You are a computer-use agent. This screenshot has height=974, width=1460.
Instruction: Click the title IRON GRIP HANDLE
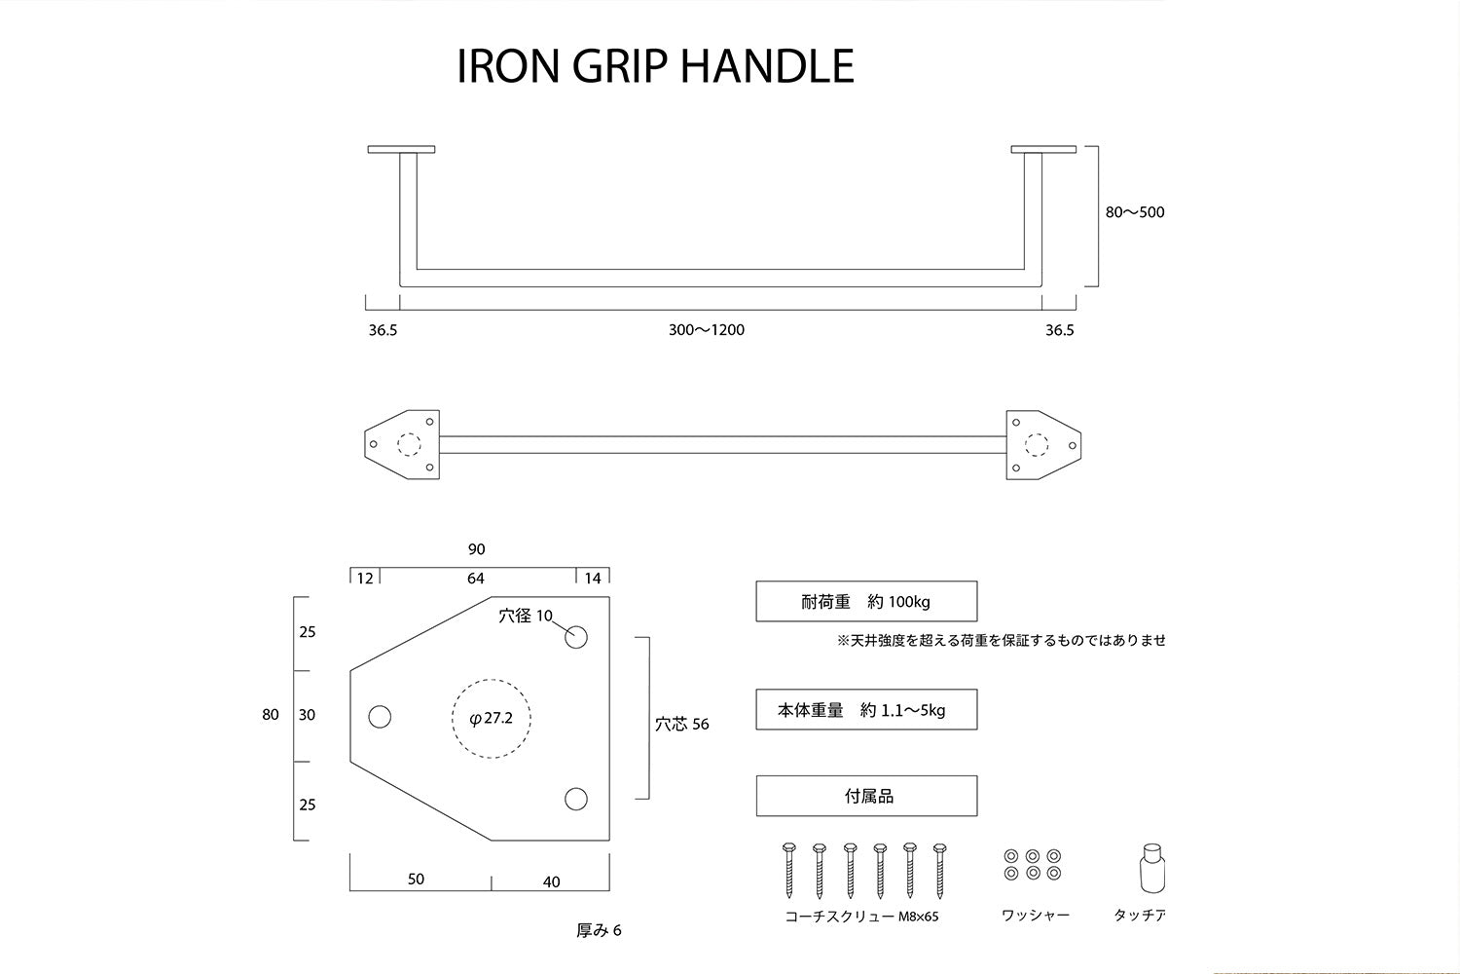[x=655, y=66]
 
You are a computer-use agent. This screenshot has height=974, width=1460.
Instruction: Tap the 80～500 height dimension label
[x=1134, y=212]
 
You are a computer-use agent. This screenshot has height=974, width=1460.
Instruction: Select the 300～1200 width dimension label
[x=706, y=330]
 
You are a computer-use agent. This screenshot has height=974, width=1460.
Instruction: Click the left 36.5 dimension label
[x=383, y=330]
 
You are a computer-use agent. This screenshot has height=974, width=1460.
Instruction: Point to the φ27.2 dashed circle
[x=492, y=718]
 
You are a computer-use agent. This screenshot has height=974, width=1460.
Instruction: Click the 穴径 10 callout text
[x=526, y=616]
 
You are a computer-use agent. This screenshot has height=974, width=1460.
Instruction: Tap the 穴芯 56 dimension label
[x=681, y=724]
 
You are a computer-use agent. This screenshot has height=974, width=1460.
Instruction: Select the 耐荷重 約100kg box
[x=866, y=602]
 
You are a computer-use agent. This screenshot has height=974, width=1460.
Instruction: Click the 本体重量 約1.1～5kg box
[x=866, y=710]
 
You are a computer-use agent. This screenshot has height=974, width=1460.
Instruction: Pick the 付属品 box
[x=866, y=796]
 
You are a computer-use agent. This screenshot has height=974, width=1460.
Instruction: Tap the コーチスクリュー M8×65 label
[x=861, y=916]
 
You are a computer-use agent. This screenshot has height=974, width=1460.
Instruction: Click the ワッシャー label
[x=1035, y=916]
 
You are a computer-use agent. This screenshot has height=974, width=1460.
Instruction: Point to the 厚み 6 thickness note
[x=599, y=930]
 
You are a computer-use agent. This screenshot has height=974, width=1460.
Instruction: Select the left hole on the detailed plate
[x=380, y=717]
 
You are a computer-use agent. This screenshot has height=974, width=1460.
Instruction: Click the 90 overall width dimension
[x=476, y=549]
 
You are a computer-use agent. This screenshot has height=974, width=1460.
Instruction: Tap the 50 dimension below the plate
[x=416, y=879]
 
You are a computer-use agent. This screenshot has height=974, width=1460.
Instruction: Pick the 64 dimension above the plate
[x=475, y=579]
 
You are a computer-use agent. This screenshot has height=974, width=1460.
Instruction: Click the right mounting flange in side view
[x=1043, y=150]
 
